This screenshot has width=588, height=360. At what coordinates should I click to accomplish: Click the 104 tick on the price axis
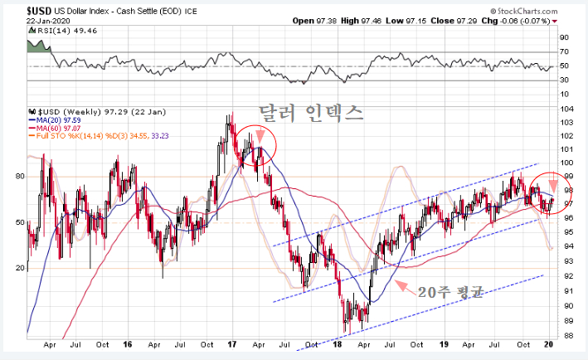click(566, 109)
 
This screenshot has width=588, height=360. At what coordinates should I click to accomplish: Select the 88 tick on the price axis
click(566, 336)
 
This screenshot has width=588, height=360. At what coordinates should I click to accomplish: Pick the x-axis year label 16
click(128, 343)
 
